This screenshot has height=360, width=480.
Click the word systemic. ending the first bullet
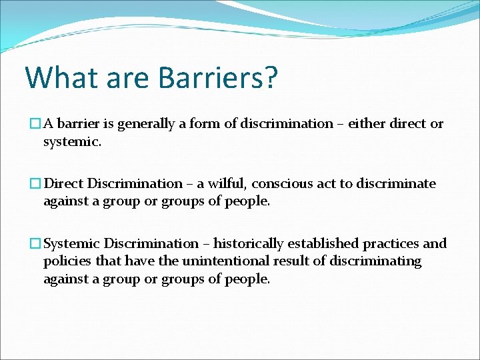pos(73,141)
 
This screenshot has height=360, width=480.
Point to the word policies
pos(65,261)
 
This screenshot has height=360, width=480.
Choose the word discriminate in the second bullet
pos(396,184)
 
